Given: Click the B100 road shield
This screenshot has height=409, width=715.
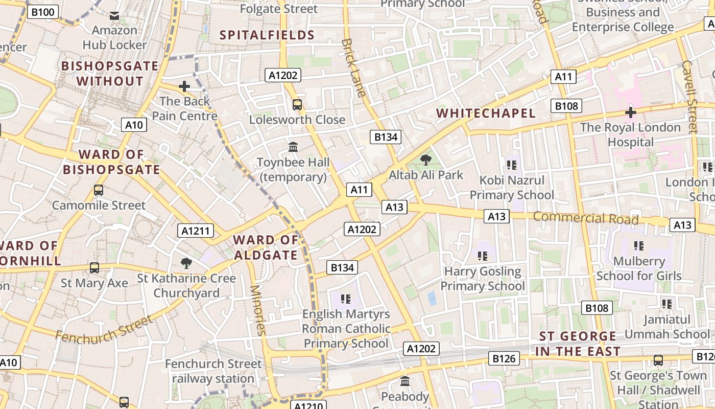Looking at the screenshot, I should tap(42, 12).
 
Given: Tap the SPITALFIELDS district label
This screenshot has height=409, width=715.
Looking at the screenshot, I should tap(267, 35).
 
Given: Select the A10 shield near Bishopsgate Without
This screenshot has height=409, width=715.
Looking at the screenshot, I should tap(134, 125).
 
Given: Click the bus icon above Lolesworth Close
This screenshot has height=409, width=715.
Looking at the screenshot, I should tap(297, 105).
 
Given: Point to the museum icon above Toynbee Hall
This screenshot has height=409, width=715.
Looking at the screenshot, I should tap(293, 147).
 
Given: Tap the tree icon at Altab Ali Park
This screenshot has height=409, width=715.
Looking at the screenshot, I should tap(425, 160).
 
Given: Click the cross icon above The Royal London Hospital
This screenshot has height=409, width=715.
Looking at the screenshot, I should tap(631, 112).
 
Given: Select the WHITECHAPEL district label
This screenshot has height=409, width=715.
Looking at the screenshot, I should tap(486, 113).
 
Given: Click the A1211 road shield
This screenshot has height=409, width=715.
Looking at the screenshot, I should tap(196, 231).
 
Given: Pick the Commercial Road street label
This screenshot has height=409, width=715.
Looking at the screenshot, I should tap(586, 218).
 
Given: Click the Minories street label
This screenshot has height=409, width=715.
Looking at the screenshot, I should tap(257, 310).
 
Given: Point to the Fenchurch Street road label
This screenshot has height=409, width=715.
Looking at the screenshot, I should tap(104, 329).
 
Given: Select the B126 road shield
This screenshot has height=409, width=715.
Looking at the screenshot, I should tap(504, 359).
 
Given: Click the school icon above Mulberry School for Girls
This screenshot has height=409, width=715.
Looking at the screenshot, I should tap(638, 246).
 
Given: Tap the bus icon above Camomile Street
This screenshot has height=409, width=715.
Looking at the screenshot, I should tap(99, 190).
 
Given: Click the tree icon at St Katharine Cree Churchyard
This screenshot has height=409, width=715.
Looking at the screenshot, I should tap(186, 263).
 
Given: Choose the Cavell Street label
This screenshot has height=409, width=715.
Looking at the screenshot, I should tap(689, 97).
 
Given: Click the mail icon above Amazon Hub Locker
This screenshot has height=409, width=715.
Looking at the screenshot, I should tap(114, 16).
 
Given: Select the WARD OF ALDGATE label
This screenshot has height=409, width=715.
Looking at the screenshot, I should tap(266, 247).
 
